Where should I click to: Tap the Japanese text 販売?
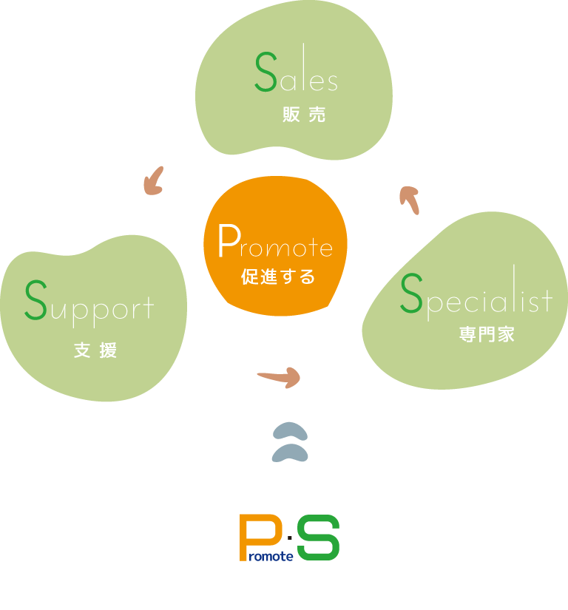click(304, 116)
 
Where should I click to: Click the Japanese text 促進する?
click(278, 278)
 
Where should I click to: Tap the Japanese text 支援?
click(95, 350)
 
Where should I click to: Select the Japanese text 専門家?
click(486, 334)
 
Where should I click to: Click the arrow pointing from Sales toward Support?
click(154, 180)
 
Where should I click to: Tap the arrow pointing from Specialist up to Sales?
click(408, 200)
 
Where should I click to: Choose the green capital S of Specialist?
click(410, 294)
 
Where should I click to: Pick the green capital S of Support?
click(35, 300)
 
